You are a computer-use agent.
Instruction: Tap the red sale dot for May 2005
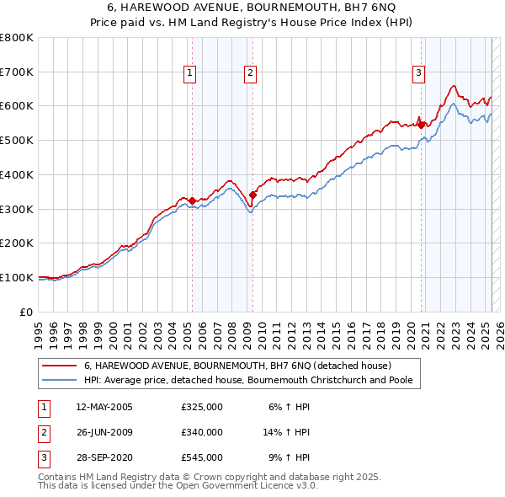192,200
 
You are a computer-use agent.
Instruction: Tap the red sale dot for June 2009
252,195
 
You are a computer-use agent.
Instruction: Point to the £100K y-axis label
17,277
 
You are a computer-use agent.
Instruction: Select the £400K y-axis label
17,174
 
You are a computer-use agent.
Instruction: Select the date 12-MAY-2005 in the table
104,407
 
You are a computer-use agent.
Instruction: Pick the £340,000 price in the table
202,432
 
